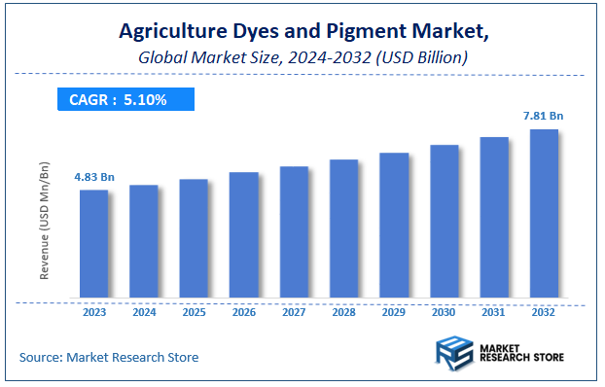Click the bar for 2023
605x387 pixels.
(94, 243)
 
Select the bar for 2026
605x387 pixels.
(244, 234)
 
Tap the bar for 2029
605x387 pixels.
(394, 225)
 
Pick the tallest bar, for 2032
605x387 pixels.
(544, 213)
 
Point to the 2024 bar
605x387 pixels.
(144, 241)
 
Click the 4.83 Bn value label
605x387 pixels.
(94, 177)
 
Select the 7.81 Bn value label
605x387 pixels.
(543, 117)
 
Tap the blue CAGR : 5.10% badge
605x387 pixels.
(125, 98)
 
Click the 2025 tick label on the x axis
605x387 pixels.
(194, 313)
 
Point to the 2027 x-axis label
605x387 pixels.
(294, 313)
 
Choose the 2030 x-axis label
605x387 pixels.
(444, 313)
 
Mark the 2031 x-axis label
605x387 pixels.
(494, 313)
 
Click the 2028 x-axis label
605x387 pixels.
(343, 313)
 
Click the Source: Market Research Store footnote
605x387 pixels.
(109, 358)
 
